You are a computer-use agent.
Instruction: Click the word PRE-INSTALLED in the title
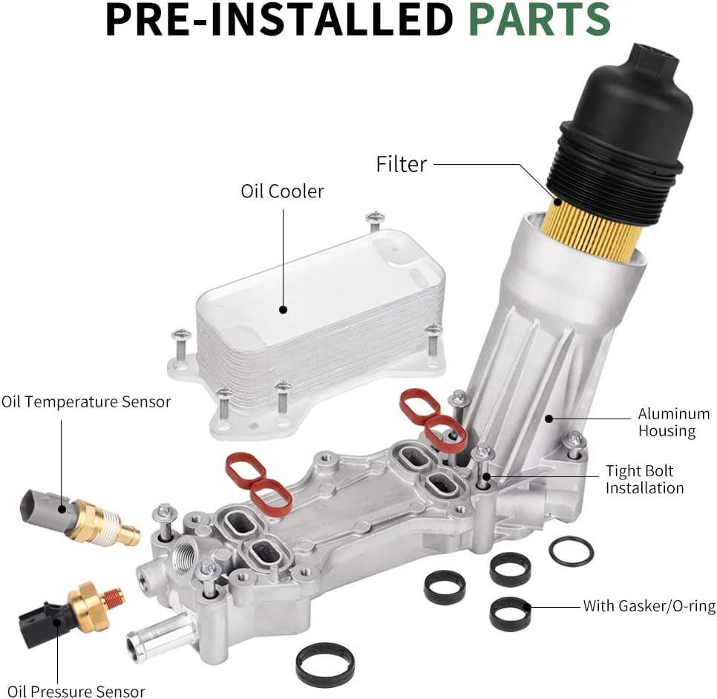(x=278, y=20)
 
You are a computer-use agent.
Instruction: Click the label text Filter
(x=402, y=164)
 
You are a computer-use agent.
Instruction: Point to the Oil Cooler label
(x=282, y=191)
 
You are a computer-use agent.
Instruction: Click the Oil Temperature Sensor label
(x=86, y=402)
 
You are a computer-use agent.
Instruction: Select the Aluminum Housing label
(x=673, y=422)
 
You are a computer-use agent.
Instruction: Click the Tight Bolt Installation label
(x=644, y=479)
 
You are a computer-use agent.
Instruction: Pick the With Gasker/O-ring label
(x=649, y=606)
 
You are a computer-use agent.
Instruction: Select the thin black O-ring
(x=571, y=551)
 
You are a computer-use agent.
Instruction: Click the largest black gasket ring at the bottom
(x=324, y=663)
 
